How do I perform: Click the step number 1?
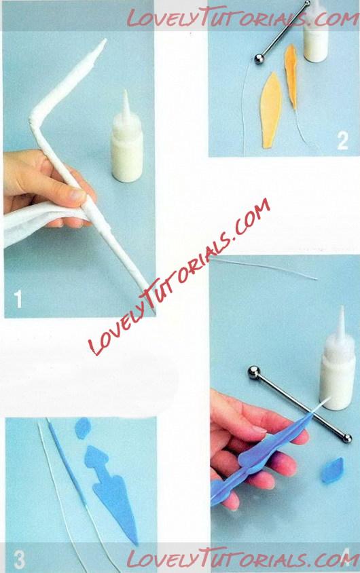point(18,299)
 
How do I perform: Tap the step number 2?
point(342,141)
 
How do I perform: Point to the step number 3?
point(20,559)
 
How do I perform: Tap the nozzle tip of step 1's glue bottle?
point(126,92)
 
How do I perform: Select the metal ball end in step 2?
point(259,59)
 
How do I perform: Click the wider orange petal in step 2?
point(271,110)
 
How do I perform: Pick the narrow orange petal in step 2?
point(291,76)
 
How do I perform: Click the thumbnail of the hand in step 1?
point(77,193)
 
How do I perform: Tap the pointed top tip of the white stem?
point(104,40)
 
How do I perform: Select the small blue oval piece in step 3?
point(83,428)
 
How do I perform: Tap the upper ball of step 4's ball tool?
point(253,372)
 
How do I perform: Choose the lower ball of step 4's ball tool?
point(347,438)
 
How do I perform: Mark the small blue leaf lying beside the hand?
point(333,470)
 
